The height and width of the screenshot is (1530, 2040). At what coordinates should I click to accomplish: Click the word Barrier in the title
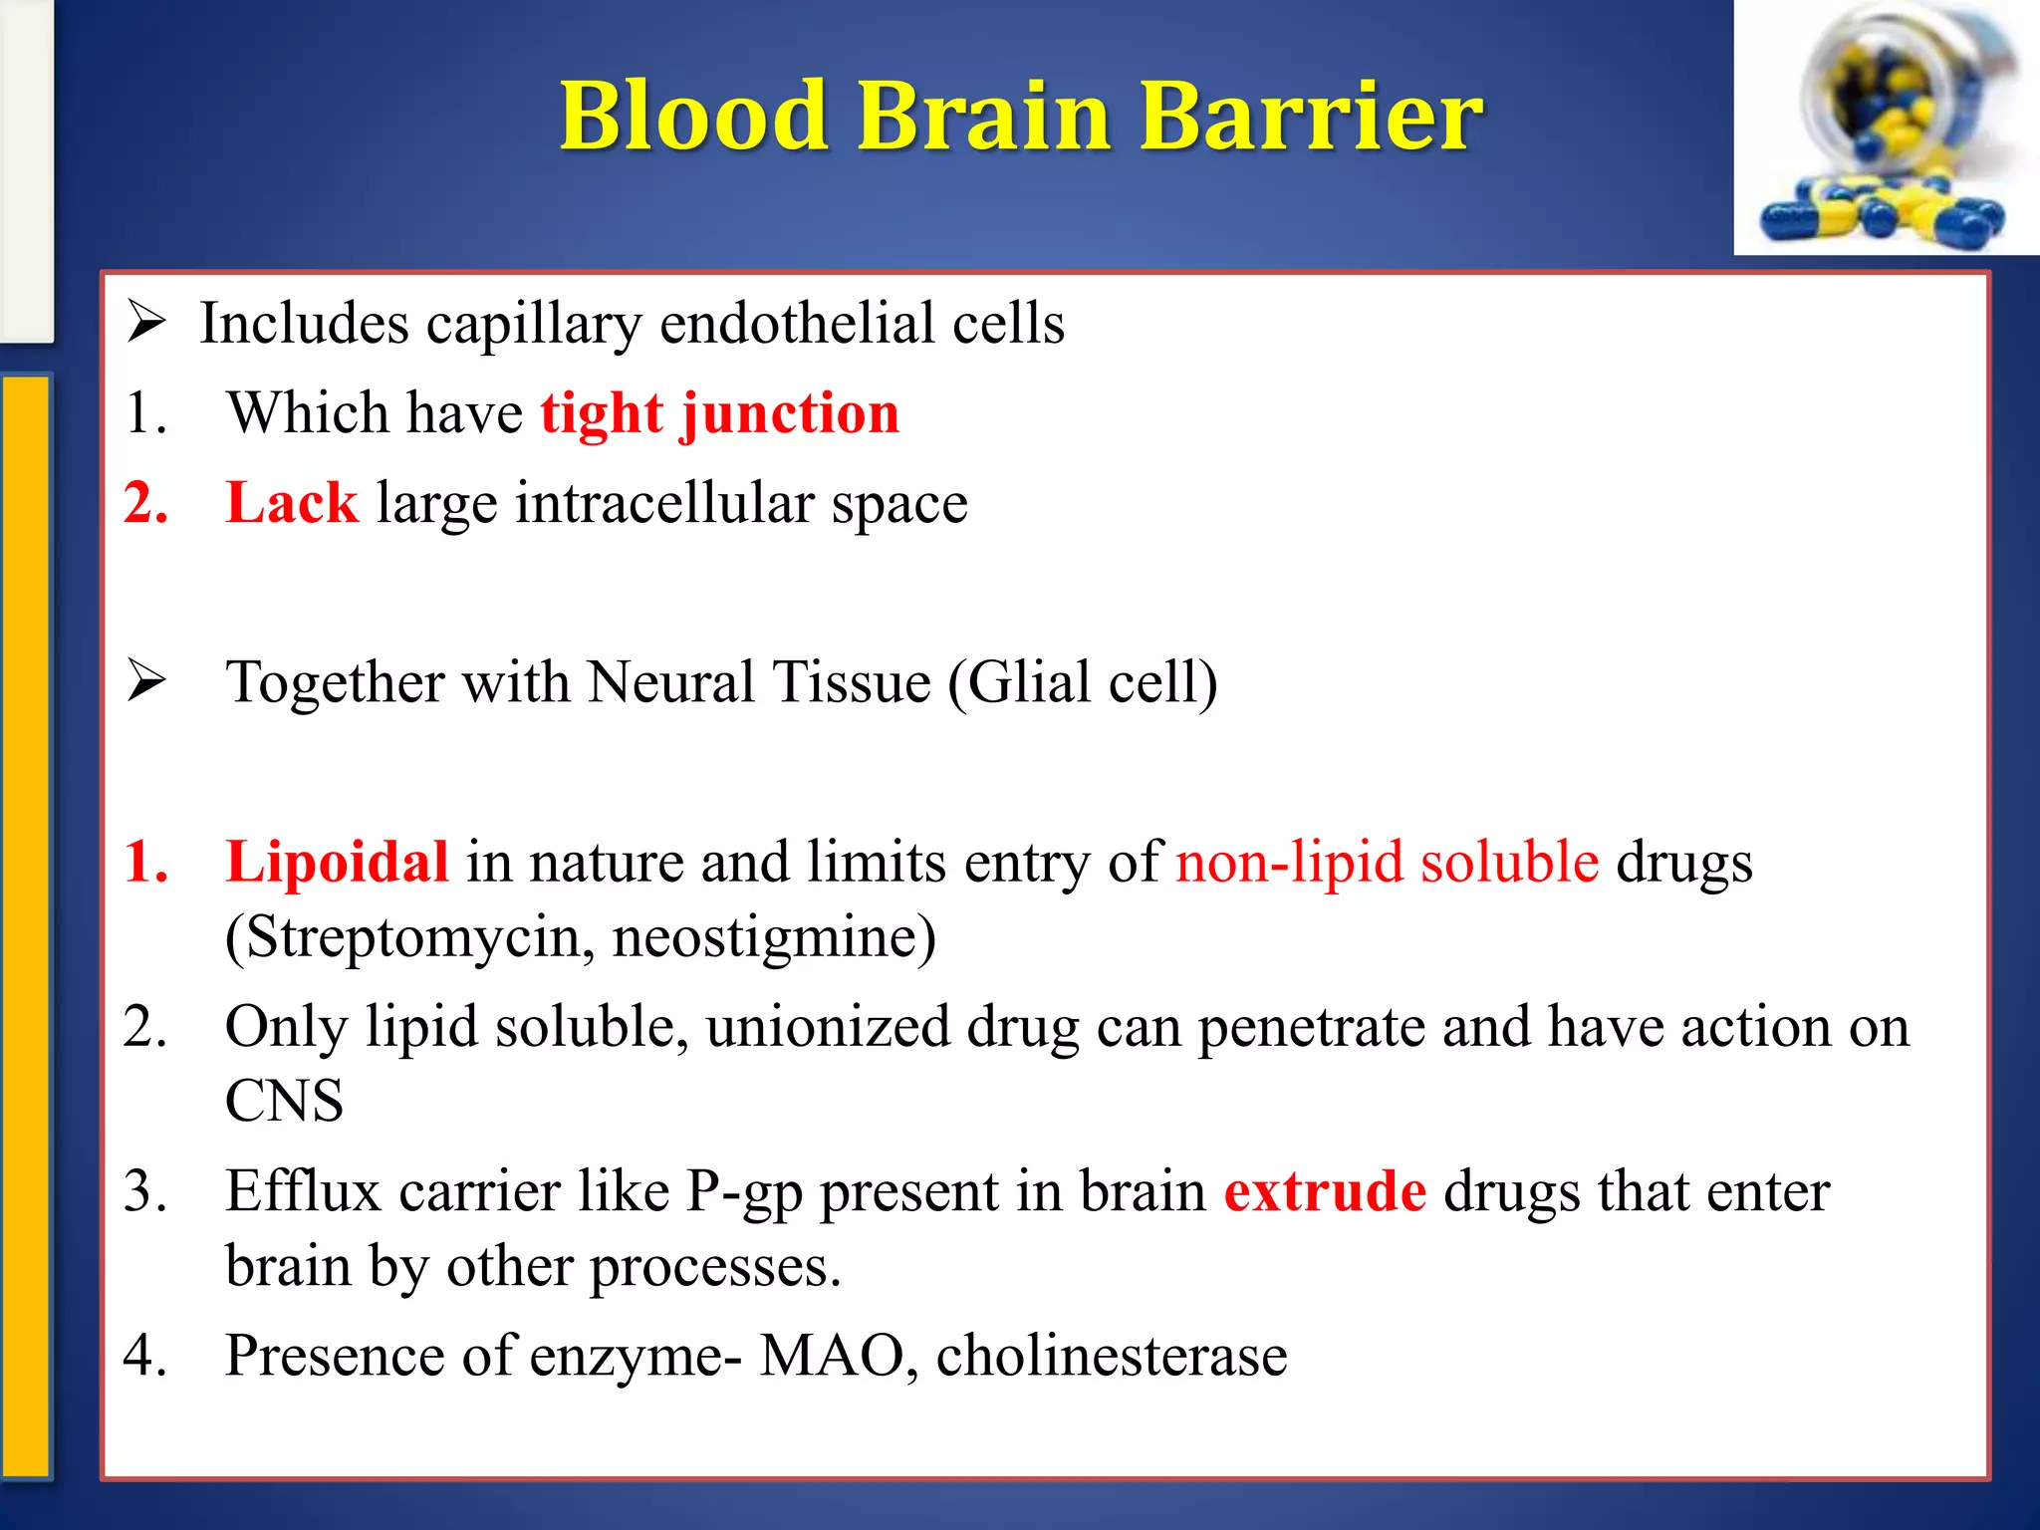(x=1310, y=117)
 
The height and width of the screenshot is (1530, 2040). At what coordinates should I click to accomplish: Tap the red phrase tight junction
(x=720, y=413)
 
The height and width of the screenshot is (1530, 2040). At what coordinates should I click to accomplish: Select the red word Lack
(x=291, y=503)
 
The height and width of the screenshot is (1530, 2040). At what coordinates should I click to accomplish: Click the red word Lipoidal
(x=337, y=862)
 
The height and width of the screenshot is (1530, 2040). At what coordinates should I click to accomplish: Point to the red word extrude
(x=1325, y=1191)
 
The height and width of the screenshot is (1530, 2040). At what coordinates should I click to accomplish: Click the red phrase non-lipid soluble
(x=1387, y=862)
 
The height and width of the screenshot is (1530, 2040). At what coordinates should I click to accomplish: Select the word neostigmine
(x=772, y=937)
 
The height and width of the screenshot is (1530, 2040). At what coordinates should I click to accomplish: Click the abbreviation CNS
(x=284, y=1102)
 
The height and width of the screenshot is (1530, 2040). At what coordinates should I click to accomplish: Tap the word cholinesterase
(x=1111, y=1356)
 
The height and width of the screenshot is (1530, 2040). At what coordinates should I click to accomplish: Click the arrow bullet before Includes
(x=146, y=323)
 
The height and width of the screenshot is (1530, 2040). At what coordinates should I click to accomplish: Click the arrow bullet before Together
(x=146, y=681)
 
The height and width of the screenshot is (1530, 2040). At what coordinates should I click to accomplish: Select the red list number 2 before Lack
(x=145, y=503)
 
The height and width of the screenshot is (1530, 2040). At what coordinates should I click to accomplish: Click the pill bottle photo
(x=1886, y=127)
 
